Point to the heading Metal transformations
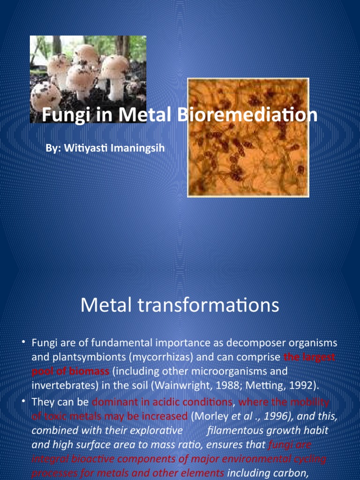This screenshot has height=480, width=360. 180,306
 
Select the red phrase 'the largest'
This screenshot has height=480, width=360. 309,357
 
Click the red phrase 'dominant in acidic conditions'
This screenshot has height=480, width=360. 162,402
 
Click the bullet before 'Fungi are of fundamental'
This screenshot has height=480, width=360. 23,343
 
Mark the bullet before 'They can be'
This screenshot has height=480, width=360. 23,402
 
